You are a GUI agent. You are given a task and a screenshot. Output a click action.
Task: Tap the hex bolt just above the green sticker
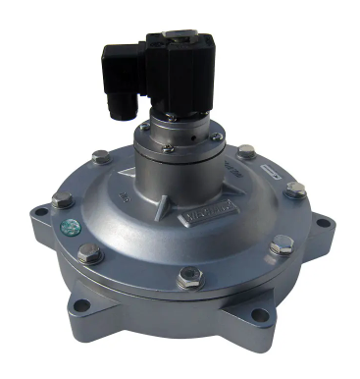click(x=62, y=200)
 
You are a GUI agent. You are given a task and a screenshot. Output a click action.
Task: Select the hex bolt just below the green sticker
click(x=88, y=251)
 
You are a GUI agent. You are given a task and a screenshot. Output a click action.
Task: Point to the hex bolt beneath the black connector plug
click(x=101, y=157)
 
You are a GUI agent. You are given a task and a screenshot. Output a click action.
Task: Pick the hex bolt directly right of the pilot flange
click(x=247, y=152)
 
